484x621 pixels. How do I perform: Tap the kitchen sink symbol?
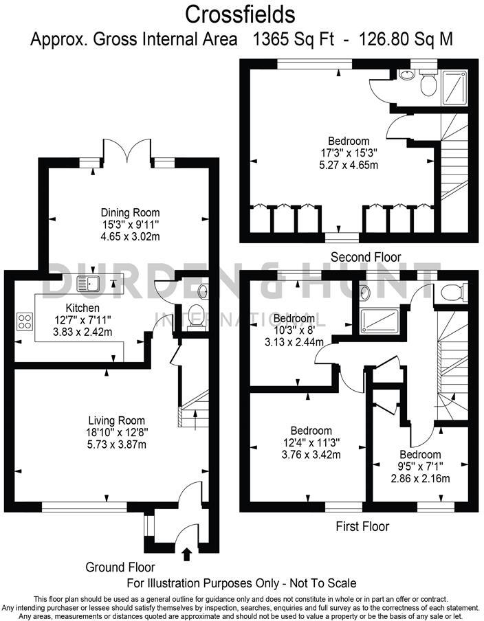[x=90, y=282]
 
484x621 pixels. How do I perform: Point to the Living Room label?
[x=116, y=420]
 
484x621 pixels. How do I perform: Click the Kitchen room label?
[x=82, y=308]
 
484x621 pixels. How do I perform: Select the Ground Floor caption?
[x=120, y=567]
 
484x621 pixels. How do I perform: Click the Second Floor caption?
[x=366, y=257]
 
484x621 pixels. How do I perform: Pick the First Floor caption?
[x=362, y=526]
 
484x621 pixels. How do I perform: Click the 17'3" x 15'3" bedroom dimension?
[x=350, y=153]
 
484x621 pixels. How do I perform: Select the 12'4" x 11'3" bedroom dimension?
[x=312, y=443]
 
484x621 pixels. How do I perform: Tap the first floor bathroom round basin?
[x=365, y=293]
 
